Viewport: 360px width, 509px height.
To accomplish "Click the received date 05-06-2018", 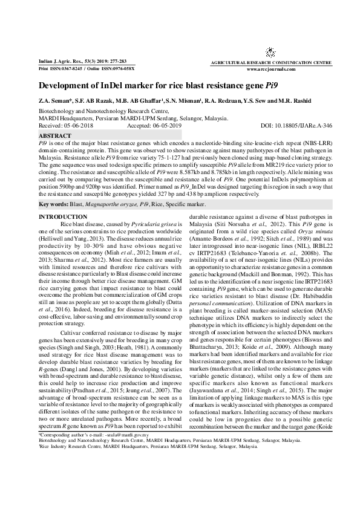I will (x=78, y=126).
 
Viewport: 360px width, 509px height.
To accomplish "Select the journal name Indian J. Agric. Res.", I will (x=59, y=62).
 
